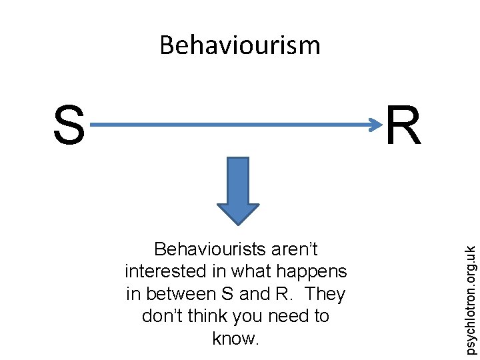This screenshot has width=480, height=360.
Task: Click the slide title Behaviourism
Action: (x=240, y=45)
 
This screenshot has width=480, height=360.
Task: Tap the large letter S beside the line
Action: (x=69, y=126)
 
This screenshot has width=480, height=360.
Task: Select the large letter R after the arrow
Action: (x=403, y=126)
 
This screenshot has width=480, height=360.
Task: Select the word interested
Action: (x=163, y=271)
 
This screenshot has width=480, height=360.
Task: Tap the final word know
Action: (x=235, y=338)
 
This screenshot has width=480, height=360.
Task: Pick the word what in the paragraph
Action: (x=249, y=271)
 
